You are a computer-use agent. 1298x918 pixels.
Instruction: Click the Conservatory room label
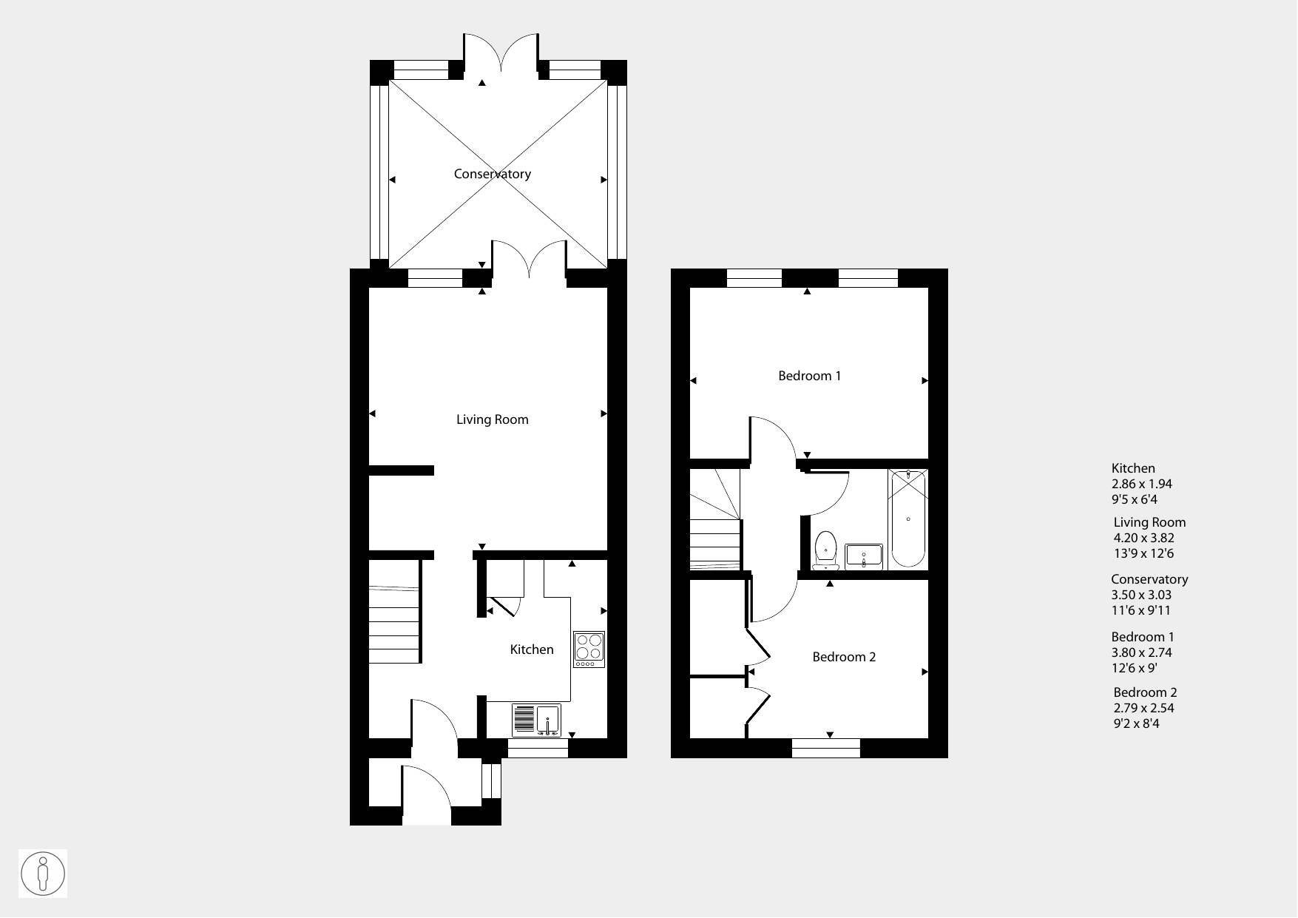pyautogui.click(x=493, y=175)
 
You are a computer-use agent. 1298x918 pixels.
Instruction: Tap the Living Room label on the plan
pyautogui.click(x=493, y=419)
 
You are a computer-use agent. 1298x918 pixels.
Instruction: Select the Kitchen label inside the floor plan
pyautogui.click(x=532, y=649)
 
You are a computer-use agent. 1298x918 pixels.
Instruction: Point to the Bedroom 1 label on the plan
pyautogui.click(x=810, y=376)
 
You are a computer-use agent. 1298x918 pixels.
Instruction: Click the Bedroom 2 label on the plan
pyautogui.click(x=844, y=657)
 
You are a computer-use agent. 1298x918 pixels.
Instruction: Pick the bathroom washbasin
pyautogui.click(x=864, y=556)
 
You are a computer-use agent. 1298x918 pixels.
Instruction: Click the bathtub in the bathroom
pyautogui.click(x=908, y=519)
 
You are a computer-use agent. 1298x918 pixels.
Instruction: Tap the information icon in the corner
pyautogui.click(x=43, y=874)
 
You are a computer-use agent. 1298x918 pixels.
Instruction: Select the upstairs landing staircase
pyautogui.click(x=715, y=519)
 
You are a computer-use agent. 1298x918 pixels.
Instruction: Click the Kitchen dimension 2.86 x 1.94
pyautogui.click(x=1142, y=484)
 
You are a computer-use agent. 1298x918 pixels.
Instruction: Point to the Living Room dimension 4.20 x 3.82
pyautogui.click(x=1144, y=539)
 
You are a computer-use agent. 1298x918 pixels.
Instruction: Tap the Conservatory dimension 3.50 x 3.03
pyautogui.click(x=1141, y=595)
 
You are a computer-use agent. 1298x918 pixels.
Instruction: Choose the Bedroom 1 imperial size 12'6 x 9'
pyautogui.click(x=1135, y=668)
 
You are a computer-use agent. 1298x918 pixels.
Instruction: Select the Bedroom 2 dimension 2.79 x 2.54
pyautogui.click(x=1144, y=708)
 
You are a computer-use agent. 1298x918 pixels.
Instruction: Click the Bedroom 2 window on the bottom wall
pyautogui.click(x=826, y=748)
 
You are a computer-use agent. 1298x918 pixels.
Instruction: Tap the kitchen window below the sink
pyautogui.click(x=538, y=748)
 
